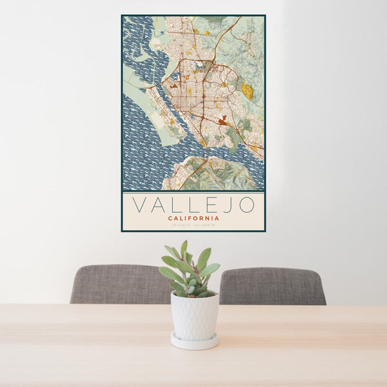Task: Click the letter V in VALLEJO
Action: pos(138,205)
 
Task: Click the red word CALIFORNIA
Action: pos(193,218)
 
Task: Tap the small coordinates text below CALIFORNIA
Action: pos(193,225)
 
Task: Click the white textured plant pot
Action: pos(194,316)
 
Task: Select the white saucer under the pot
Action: pos(194,342)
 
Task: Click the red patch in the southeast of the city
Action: pos(223,120)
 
